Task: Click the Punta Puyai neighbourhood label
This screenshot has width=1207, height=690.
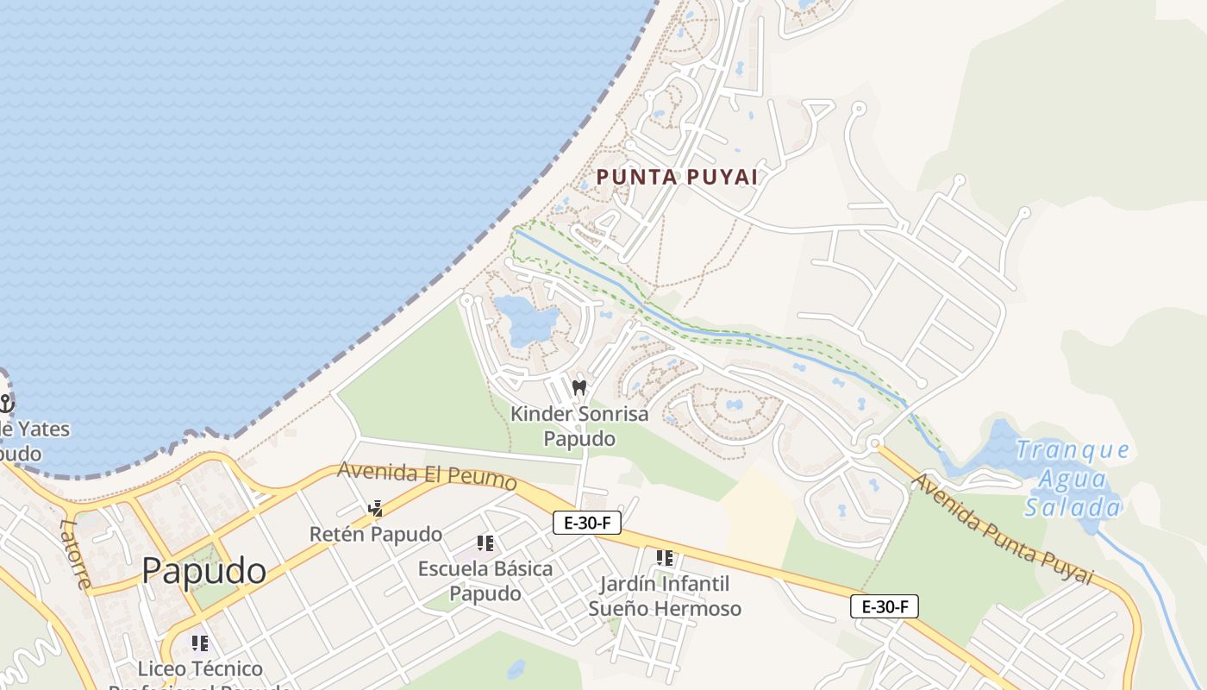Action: pyautogui.click(x=677, y=177)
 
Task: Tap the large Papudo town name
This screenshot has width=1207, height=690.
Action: pyautogui.click(x=203, y=571)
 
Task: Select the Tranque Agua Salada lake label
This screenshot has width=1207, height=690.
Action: pyautogui.click(x=1073, y=478)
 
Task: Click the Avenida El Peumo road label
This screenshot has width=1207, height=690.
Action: pyautogui.click(x=427, y=475)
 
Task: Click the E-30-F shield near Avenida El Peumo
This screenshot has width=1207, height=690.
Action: pyautogui.click(x=587, y=522)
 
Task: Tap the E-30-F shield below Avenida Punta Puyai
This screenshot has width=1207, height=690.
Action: pyautogui.click(x=885, y=606)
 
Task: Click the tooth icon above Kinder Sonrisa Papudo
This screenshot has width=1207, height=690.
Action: pyautogui.click(x=579, y=387)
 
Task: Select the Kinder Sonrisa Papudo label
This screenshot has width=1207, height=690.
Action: pyautogui.click(x=579, y=426)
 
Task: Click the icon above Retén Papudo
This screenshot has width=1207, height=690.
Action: pyautogui.click(x=375, y=509)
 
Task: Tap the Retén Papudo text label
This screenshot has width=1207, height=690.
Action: pyautogui.click(x=376, y=535)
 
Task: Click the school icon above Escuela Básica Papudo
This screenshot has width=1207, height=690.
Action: pyautogui.click(x=485, y=543)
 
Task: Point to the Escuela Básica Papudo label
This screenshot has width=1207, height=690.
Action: pyautogui.click(x=485, y=581)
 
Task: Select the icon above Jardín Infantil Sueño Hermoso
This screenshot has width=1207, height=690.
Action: pyautogui.click(x=664, y=559)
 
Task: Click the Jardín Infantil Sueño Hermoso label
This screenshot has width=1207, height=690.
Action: pyautogui.click(x=664, y=597)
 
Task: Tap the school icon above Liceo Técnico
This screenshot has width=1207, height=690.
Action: pyautogui.click(x=200, y=643)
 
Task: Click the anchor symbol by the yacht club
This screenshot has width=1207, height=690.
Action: pyautogui.click(x=7, y=403)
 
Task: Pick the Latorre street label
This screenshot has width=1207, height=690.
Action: pyautogui.click(x=76, y=553)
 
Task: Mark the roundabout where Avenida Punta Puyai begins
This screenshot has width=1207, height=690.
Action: pyautogui.click(x=874, y=443)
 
